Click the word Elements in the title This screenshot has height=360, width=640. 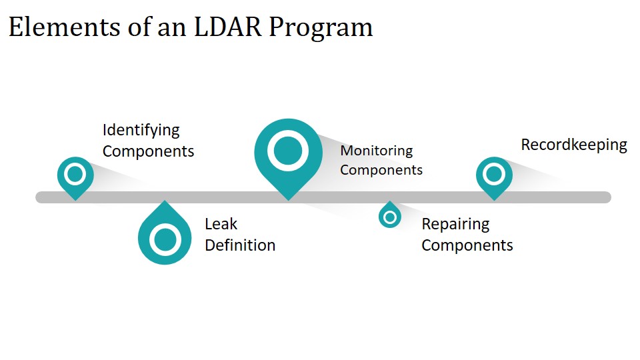click(64, 27)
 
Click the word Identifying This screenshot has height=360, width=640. click(141, 131)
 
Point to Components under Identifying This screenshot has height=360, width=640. click(148, 151)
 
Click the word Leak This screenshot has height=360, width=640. click(221, 224)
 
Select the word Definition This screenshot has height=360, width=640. click(240, 245)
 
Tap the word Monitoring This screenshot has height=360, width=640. click(376, 151)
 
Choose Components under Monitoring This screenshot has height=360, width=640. click(381, 170)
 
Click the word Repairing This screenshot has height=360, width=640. click(455, 225)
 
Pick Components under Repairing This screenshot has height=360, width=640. click(467, 246)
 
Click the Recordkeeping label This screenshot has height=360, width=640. click(574, 145)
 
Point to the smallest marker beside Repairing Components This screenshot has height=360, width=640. click(390, 215)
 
